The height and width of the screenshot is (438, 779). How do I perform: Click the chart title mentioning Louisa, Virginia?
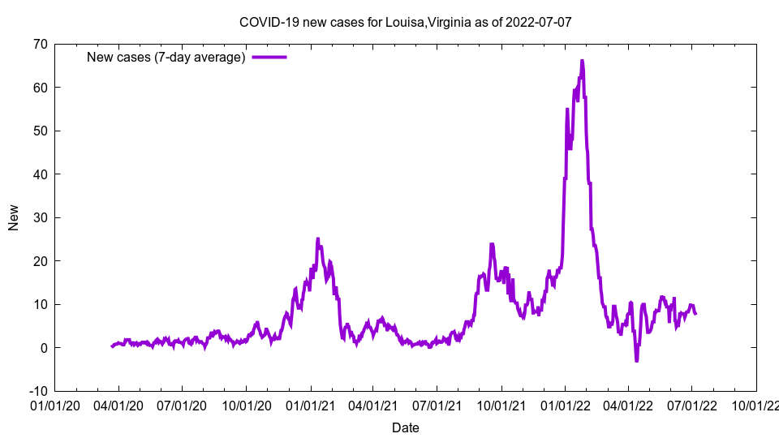click(x=406, y=22)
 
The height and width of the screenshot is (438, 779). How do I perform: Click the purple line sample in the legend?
click(x=269, y=57)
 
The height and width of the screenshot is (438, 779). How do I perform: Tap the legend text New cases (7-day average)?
click(x=166, y=57)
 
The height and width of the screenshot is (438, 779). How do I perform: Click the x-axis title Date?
click(x=406, y=427)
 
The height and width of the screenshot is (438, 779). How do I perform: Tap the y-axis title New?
click(x=14, y=217)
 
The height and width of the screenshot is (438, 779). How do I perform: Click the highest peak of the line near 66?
click(x=582, y=61)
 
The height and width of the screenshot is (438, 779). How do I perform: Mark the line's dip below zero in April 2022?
click(x=637, y=360)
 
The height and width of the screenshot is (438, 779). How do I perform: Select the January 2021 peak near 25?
click(x=318, y=238)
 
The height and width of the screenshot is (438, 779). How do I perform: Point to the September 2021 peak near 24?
click(x=492, y=243)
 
